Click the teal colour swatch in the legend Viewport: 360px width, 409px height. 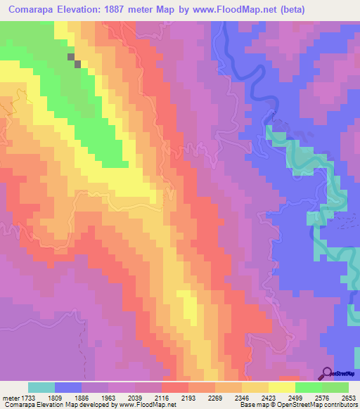click(41, 387)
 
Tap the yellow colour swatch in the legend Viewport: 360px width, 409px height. click(282, 387)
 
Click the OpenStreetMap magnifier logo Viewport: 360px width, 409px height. click(326, 374)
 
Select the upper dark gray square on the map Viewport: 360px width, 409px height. click(70, 57)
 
